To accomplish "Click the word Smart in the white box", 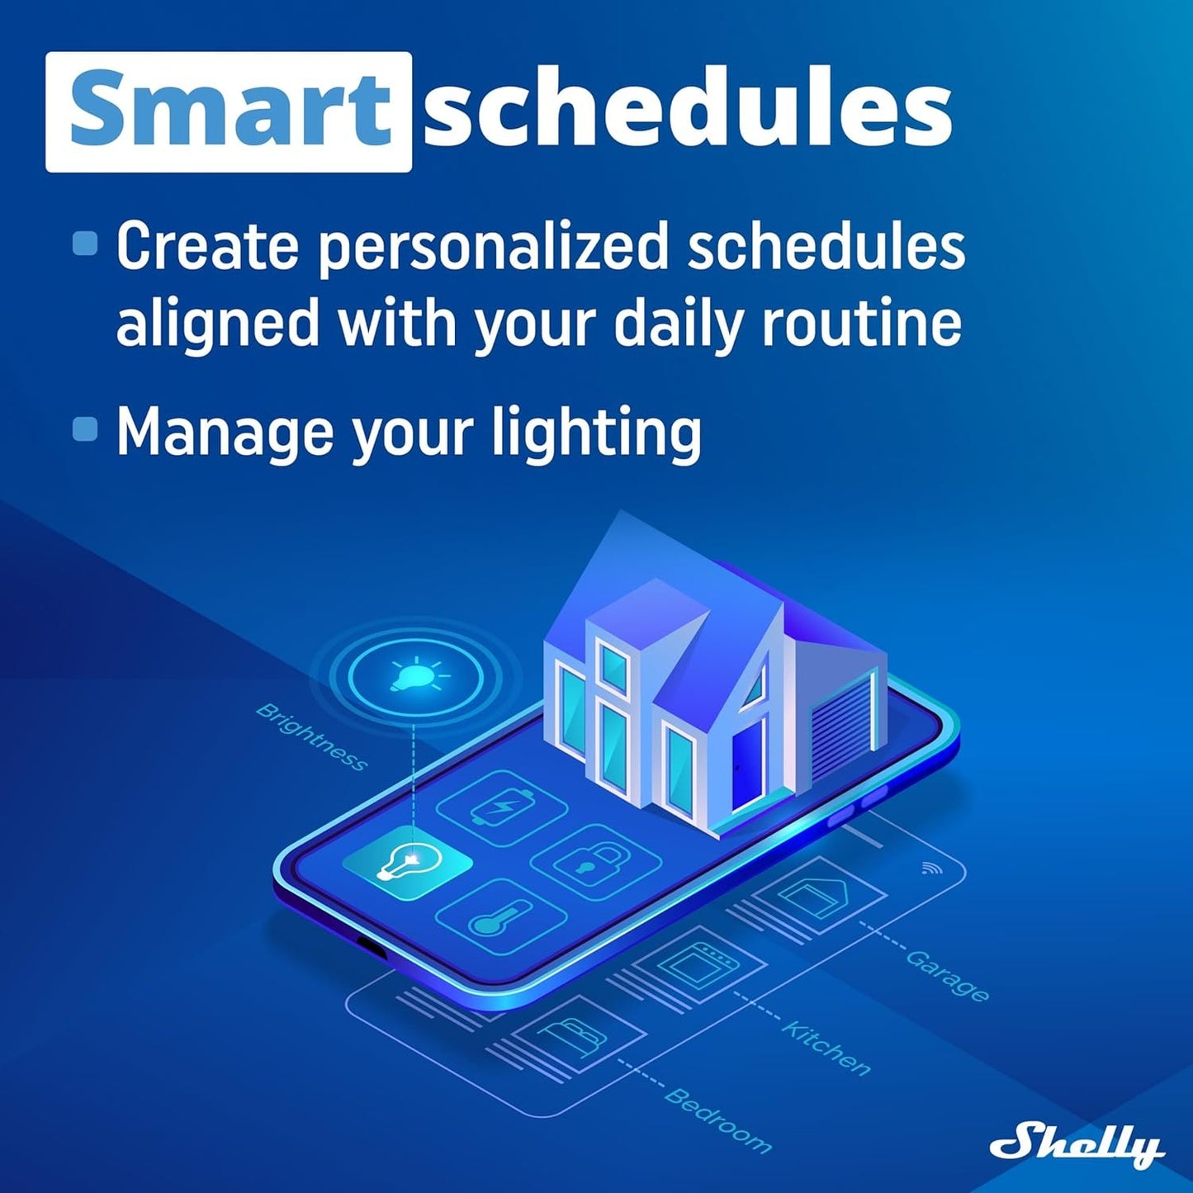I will point(228,111).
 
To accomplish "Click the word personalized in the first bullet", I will point(492,247).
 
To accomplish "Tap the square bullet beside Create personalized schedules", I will point(85,244).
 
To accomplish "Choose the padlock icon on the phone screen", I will point(595,862).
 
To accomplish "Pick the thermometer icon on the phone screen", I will point(500,917).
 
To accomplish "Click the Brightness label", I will point(311,736).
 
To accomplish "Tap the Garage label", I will point(947,975).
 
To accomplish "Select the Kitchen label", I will point(826,1048).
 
